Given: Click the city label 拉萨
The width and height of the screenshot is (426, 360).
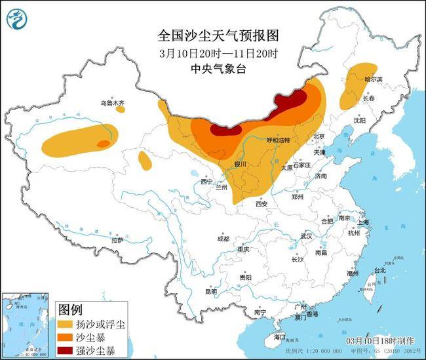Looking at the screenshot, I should pyautogui.click(x=117, y=241).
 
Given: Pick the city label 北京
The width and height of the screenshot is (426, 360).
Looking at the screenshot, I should pyautogui.click(x=319, y=136).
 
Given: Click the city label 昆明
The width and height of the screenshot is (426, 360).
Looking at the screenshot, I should pyautogui.click(x=210, y=292).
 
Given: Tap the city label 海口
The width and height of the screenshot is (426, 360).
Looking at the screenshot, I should pyautogui.click(x=281, y=337).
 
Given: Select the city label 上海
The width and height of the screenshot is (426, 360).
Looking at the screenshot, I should pyautogui.click(x=362, y=222).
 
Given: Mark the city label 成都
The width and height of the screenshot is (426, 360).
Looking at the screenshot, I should pyautogui.click(x=222, y=239).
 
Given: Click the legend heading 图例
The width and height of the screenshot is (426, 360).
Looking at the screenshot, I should pyautogui.click(x=70, y=308).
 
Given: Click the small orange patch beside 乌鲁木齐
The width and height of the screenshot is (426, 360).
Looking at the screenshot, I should pyautogui.click(x=121, y=110).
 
